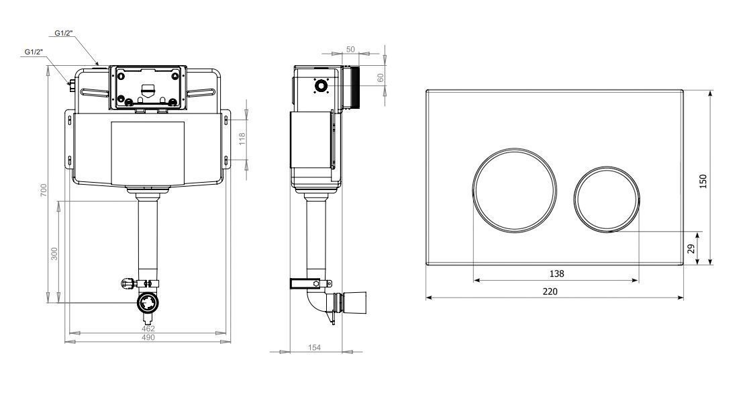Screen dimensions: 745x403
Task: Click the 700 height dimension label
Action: click(x=44, y=191)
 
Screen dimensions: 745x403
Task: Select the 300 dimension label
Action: click(x=54, y=253)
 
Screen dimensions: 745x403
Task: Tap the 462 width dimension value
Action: click(x=148, y=328)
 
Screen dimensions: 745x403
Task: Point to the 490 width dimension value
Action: click(x=148, y=337)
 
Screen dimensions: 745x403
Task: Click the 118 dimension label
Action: click(x=242, y=139)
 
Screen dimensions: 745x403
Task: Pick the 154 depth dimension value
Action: click(x=315, y=347)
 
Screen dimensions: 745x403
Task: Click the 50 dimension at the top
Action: click(x=350, y=50)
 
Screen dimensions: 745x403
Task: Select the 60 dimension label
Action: click(x=381, y=78)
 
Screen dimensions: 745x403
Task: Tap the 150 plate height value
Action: click(x=703, y=181)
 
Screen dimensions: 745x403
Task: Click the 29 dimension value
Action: click(x=691, y=248)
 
